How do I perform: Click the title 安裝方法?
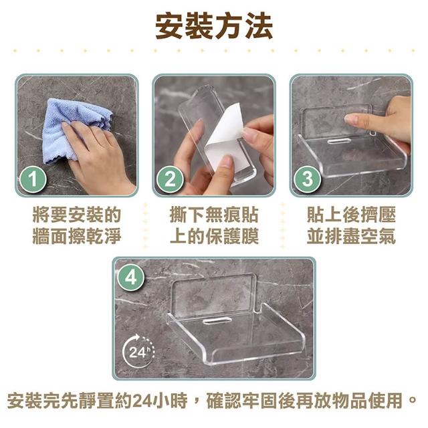(214, 27)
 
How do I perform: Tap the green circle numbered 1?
(33, 179)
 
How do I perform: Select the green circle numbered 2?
(170, 179)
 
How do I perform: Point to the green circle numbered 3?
(308, 179)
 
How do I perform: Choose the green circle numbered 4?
(131, 278)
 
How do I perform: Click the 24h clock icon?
(138, 352)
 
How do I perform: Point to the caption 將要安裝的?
(77, 215)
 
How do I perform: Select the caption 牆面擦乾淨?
(77, 236)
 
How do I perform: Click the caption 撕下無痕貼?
(214, 215)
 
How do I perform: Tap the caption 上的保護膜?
(214, 236)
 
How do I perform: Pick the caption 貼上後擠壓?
(351, 215)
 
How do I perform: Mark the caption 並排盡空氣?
(351, 236)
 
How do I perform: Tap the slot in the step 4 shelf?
(217, 320)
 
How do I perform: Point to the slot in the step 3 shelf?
(339, 140)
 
